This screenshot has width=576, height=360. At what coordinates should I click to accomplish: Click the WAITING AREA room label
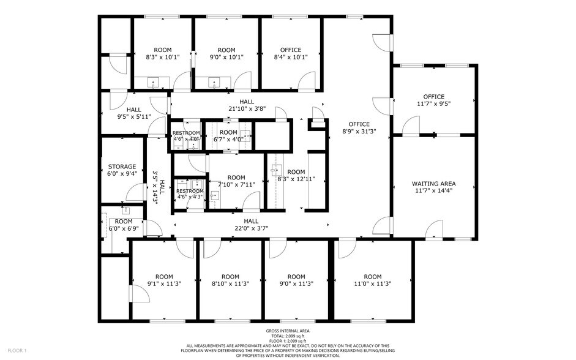pyautogui.click(x=433, y=184)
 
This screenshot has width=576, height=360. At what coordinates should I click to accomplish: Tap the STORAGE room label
pyautogui.click(x=122, y=167)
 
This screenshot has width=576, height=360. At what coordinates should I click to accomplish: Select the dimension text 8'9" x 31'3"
pyautogui.click(x=359, y=131)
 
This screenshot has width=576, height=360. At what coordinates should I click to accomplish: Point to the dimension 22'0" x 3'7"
pyautogui.click(x=251, y=228)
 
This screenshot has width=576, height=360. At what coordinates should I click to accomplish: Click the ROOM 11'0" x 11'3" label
pyautogui.click(x=372, y=277)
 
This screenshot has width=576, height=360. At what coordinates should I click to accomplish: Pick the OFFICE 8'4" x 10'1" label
pyautogui.click(x=291, y=50)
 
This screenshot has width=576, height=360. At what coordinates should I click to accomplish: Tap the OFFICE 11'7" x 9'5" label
pyautogui.click(x=433, y=97)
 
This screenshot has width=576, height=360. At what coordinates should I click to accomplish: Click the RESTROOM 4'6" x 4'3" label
pyautogui.click(x=190, y=192)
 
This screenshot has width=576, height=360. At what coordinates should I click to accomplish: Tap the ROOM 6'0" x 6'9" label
pyautogui.click(x=123, y=222)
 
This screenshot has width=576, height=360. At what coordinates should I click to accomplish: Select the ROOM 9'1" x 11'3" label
pyautogui.click(x=163, y=277)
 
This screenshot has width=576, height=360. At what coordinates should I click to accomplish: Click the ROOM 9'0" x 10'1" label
pyautogui.click(x=226, y=50)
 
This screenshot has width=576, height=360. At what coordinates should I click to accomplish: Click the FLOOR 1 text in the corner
pyautogui.click(x=17, y=351)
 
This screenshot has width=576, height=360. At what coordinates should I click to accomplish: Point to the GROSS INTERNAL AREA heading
pyautogui.click(x=287, y=331)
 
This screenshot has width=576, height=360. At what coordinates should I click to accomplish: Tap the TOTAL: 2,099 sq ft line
pyautogui.click(x=287, y=336)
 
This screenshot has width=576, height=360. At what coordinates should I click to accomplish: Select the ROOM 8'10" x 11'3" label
pyautogui.click(x=230, y=277)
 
